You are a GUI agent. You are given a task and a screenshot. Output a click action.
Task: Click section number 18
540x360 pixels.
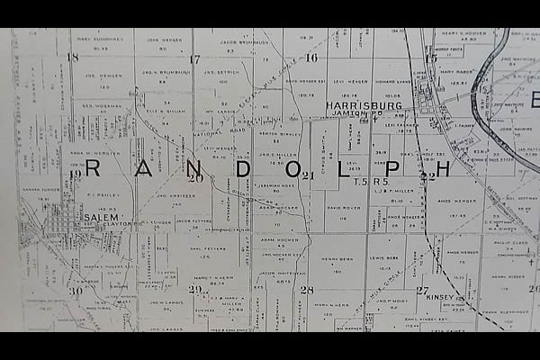coord(72,57)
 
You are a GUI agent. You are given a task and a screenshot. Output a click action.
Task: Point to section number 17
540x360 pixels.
coord(193,59)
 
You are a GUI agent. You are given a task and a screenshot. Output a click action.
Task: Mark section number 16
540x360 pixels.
coord(311,58)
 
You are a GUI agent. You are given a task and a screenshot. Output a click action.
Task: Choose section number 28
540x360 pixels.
coord(307,290)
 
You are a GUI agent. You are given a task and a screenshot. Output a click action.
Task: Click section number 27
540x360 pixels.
coord(422,290)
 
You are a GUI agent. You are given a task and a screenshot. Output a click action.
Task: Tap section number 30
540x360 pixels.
coord(76,290)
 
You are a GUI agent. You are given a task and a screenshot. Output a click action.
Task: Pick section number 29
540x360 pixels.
coord(194,289)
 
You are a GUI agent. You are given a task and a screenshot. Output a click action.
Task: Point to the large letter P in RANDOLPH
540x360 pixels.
coord(391,168)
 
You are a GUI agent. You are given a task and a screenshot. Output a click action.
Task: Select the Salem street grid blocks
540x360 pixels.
coord(65,220)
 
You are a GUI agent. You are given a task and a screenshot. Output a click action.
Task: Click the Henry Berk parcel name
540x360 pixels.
coord(337,257)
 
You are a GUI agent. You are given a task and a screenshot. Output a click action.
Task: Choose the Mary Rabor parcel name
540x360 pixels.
coord(455,71)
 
